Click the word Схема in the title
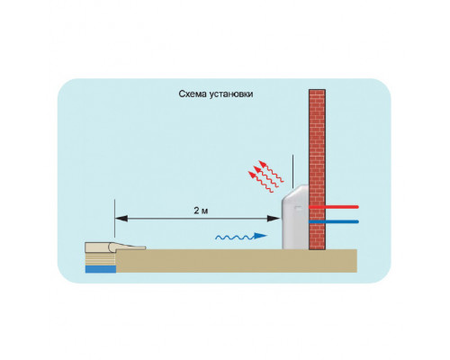[188, 94]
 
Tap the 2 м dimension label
[201, 211]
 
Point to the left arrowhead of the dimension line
[121, 219]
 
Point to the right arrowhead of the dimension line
[274, 219]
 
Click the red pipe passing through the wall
[334, 207]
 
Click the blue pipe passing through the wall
[334, 221]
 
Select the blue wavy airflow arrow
[241, 237]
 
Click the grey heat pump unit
[295, 217]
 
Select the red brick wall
[317, 169]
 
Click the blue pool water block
[101, 269]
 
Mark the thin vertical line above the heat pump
[292, 172]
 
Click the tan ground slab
[237, 261]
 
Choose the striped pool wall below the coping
[101, 258]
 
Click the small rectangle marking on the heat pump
[298, 207]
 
